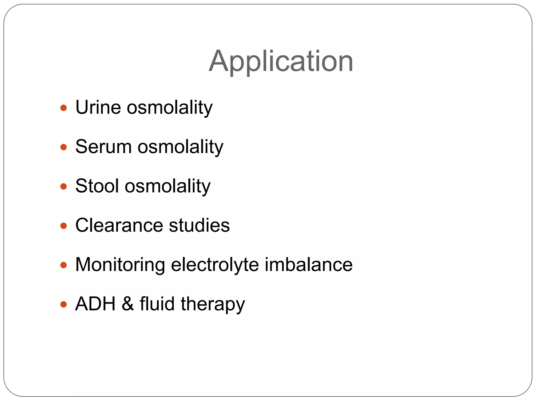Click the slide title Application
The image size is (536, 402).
281,62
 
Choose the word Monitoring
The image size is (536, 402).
120,265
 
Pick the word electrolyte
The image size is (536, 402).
215,265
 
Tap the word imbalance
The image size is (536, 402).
309,265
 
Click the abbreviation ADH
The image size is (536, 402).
95,304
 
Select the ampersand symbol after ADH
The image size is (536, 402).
128,304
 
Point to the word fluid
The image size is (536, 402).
157,304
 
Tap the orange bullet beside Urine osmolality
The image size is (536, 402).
64,108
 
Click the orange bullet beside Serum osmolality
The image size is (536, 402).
64,147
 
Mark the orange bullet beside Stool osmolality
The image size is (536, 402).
64,186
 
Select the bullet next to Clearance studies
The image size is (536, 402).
64,226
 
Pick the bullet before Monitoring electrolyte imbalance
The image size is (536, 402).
64,265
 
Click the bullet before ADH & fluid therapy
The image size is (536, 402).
64,304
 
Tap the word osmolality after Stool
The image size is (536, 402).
167,186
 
